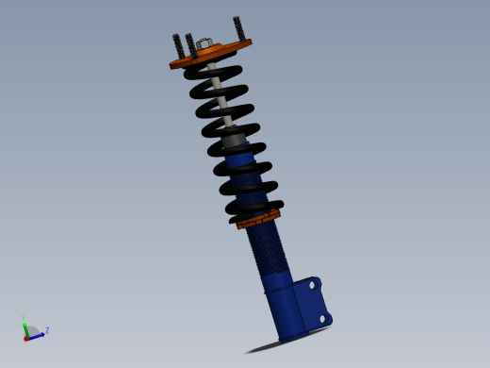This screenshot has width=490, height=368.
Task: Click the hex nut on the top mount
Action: tap(204, 44)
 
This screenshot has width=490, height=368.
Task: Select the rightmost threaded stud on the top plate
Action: tap(239, 29)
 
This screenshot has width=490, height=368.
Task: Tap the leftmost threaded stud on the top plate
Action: tap(178, 45)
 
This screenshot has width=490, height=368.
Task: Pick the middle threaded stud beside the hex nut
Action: tap(190, 43)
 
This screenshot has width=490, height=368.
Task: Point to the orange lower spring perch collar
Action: tap(258, 220)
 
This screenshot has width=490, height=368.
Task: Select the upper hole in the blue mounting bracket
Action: tap(312, 284)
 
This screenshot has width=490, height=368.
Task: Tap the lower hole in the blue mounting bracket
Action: tap(321, 319)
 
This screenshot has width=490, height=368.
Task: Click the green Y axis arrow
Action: tap(24, 326)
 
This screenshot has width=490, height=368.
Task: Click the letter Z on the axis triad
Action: tap(46, 330)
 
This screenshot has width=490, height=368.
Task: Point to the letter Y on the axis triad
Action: tap(23, 318)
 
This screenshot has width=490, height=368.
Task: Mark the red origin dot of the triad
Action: tap(26, 338)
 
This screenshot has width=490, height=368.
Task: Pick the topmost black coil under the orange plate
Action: tap(212, 71)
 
